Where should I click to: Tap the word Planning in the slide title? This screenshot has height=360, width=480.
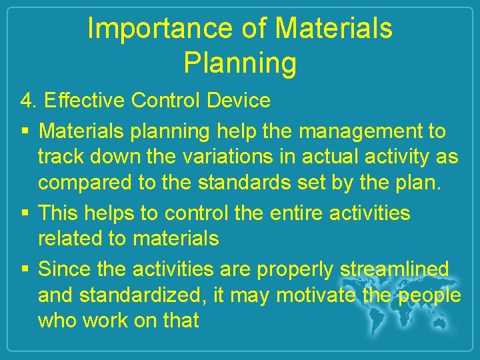239,63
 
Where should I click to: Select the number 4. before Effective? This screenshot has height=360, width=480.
28,101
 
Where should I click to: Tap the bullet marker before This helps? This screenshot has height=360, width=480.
25,214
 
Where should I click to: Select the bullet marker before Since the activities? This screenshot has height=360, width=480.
25,270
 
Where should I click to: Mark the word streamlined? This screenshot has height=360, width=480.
395,270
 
